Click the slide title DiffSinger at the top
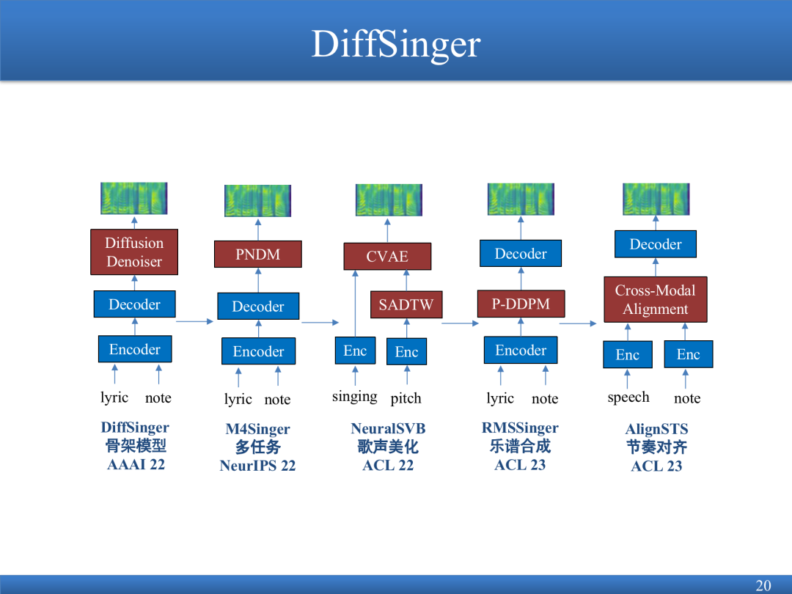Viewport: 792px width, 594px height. (396, 44)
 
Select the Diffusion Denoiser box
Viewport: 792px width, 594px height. (134, 252)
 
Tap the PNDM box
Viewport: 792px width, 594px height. (258, 254)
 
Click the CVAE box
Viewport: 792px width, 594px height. (387, 256)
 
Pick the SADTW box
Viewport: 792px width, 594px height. (406, 304)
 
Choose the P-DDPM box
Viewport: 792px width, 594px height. (521, 304)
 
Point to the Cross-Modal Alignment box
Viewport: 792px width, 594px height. (656, 299)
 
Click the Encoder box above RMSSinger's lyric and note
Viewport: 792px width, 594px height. (521, 350)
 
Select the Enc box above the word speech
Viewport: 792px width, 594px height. (628, 355)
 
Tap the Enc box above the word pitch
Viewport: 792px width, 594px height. (406, 351)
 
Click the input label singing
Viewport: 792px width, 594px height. (355, 397)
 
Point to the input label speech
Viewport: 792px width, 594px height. (628, 397)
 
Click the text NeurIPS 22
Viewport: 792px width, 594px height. (257, 465)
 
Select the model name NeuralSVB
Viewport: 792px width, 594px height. (388, 428)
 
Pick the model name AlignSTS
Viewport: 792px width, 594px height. (656, 429)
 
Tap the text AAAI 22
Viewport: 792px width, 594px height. (136, 464)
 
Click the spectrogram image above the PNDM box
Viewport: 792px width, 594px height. (258, 200)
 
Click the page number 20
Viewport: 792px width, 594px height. (763, 585)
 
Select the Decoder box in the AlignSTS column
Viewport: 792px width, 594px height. (656, 244)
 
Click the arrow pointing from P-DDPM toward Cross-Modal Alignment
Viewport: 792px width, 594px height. (579, 323)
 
